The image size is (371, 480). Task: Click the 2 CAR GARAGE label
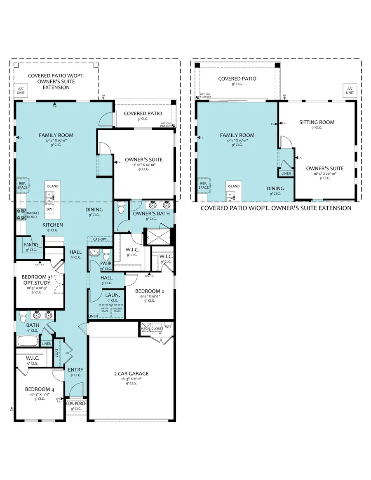click(131, 374)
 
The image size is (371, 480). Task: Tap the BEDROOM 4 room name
click(39, 389)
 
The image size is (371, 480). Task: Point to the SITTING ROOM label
click(317, 122)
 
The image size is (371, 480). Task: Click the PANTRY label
click(31, 245)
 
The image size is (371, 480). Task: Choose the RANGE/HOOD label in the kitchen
click(33, 215)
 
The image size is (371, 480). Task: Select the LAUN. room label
click(112, 295)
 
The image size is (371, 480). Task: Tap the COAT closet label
click(57, 353)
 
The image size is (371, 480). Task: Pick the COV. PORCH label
click(76, 403)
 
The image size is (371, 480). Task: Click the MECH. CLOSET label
click(152, 329)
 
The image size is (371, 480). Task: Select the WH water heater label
click(167, 328)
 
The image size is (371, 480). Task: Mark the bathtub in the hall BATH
click(28, 341)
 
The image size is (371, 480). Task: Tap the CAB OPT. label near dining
click(100, 239)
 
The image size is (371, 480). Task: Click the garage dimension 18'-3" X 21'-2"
click(131, 379)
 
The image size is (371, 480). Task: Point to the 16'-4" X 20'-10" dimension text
click(325, 173)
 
